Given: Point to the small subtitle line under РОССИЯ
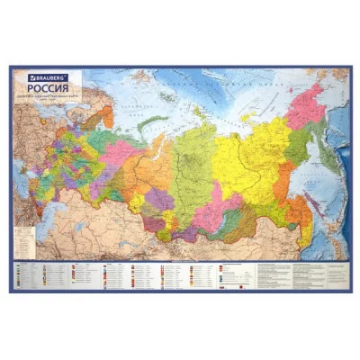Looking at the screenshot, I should pos(45,97).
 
